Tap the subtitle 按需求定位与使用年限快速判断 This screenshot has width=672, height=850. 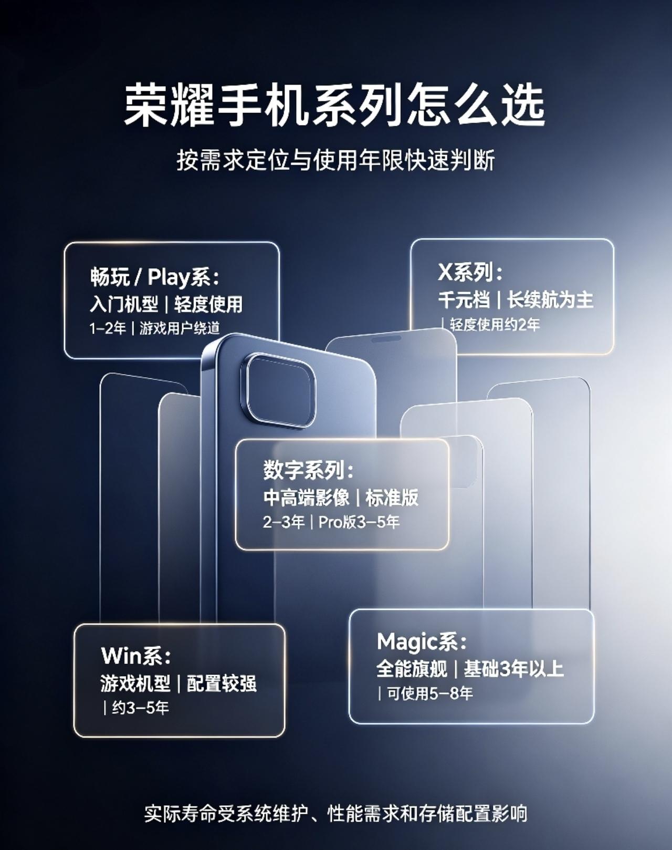click(335, 160)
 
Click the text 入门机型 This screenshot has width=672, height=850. click(124, 304)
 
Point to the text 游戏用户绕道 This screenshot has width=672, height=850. click(180, 328)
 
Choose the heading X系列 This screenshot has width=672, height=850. click(470, 273)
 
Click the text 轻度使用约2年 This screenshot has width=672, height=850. click(495, 325)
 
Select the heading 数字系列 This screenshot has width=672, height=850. click(308, 470)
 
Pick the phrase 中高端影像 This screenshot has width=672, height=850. click(306, 497)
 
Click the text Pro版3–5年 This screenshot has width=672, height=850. click(359, 522)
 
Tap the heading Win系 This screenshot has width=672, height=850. click(136, 656)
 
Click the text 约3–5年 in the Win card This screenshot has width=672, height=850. click(140, 708)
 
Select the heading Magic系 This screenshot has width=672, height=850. click(421, 641)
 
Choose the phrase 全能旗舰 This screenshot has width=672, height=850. click(411, 669)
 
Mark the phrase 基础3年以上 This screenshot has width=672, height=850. click(513, 669)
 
